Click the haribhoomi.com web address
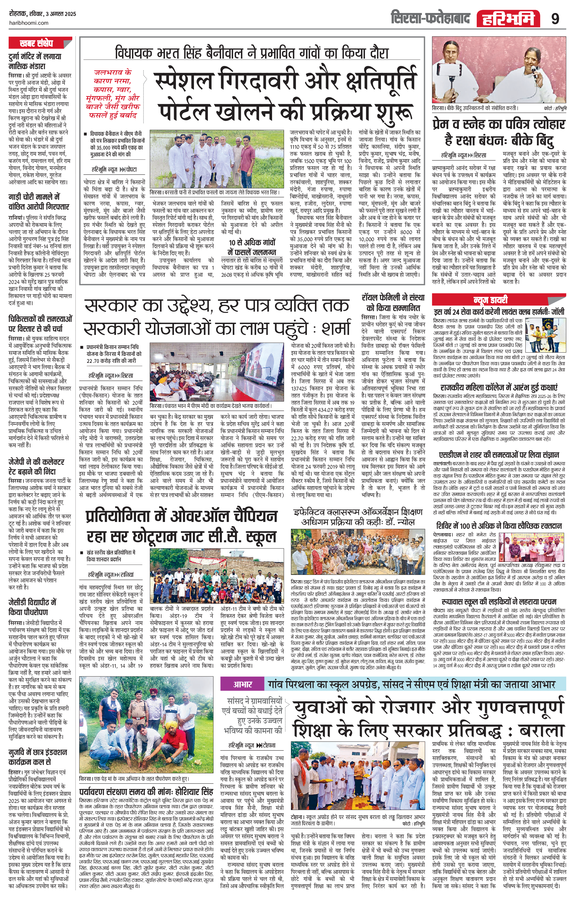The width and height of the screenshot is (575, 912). click(x=28, y=23)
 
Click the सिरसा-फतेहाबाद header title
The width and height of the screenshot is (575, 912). click(x=431, y=18)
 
